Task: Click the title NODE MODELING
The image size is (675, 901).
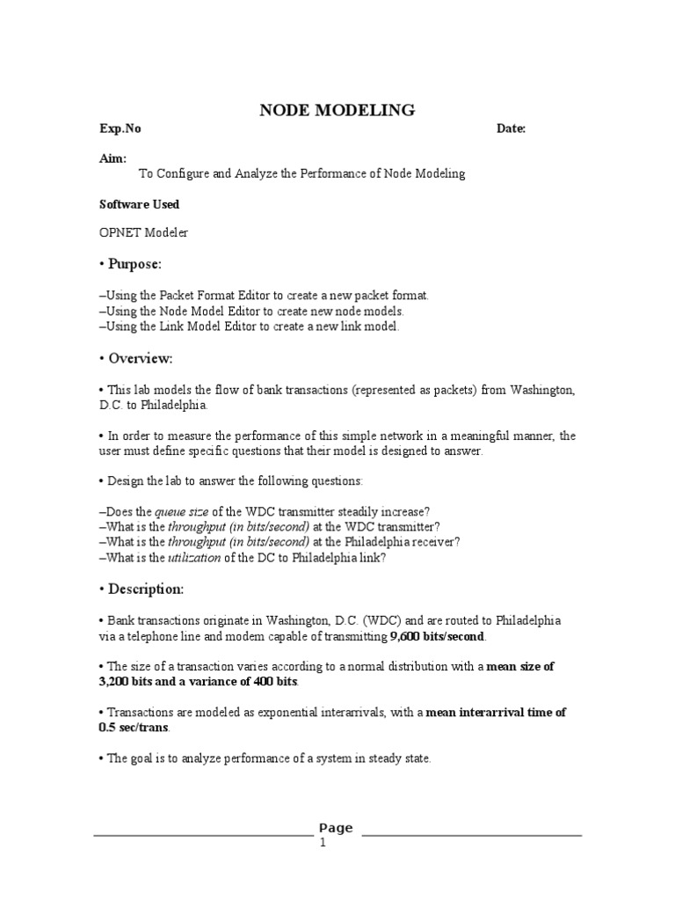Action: [337, 110]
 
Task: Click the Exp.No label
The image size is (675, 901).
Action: [120, 128]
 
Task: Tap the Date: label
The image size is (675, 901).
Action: [511, 128]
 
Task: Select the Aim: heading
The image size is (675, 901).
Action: [112, 158]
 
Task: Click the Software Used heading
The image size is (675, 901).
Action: [139, 204]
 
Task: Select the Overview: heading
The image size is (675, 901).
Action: [140, 358]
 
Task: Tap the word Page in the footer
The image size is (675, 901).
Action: [336, 827]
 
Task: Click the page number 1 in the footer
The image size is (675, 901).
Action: [323, 843]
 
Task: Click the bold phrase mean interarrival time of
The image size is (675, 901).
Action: [496, 713]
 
